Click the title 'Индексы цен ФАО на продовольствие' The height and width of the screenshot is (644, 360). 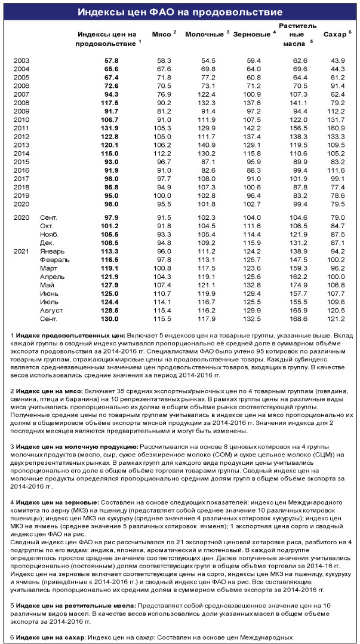click(180, 13)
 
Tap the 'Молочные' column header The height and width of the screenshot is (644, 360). click(205, 36)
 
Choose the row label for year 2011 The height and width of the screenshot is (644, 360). click(21, 127)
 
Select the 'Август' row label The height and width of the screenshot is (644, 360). click(51, 311)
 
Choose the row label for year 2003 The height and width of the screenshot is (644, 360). click(21, 60)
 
